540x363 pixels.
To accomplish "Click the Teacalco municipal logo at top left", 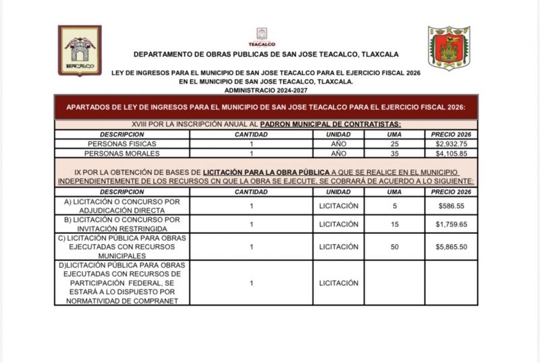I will pos(79,51).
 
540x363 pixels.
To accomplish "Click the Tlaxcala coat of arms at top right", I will pos(449,48).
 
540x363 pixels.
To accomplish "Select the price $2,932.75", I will pos(452,144).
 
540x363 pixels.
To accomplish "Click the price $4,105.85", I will pos(452,153).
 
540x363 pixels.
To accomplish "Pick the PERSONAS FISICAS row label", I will pos(122,144).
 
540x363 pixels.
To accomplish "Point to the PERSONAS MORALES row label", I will pos(122,153).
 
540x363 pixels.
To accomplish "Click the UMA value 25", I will pos(394,144).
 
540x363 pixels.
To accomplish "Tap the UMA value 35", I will pos(394,153).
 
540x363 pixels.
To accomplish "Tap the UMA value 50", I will pos(394,247).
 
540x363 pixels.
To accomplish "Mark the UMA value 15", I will pos(394,224).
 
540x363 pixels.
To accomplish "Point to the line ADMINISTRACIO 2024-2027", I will pos(266,89).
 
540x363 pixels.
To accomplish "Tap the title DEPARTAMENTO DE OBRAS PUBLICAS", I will pos(266,54).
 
